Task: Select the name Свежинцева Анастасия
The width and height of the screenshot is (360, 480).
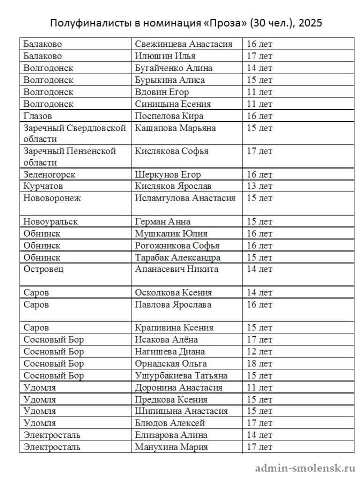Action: tap(183, 44)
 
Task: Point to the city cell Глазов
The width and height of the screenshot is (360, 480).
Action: tap(37, 116)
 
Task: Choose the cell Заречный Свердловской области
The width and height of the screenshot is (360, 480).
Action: tap(75, 133)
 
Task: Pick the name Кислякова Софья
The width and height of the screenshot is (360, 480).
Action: tap(172, 151)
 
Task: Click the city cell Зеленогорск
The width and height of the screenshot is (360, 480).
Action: tap(49, 174)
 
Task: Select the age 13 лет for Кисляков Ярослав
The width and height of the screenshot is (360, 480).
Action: tap(259, 186)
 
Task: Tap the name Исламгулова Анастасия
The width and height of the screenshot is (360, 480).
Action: tap(185, 198)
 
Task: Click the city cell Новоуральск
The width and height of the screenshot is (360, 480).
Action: tap(51, 221)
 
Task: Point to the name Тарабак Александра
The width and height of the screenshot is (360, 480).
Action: tap(178, 257)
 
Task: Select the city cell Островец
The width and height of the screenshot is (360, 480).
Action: tap(44, 269)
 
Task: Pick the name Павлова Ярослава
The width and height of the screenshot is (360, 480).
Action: tap(172, 304)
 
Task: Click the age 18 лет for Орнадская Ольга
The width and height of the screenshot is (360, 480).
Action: tap(259, 363)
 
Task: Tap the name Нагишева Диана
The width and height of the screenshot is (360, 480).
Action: tap(170, 352)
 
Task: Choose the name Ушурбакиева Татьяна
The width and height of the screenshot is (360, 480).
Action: tap(181, 375)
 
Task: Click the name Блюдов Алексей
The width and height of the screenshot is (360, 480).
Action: tap(170, 423)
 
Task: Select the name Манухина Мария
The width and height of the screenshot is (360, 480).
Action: tap(171, 447)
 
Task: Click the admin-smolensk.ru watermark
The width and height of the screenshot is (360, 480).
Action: tap(305, 468)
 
